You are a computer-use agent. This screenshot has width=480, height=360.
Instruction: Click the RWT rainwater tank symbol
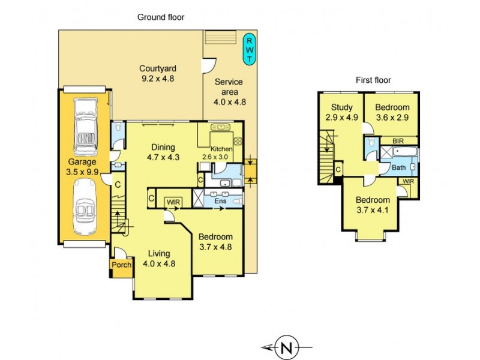(248, 49)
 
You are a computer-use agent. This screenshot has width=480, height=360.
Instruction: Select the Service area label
(226, 92)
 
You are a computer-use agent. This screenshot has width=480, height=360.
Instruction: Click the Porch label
(121, 265)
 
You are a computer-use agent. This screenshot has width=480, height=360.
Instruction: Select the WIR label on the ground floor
(173, 202)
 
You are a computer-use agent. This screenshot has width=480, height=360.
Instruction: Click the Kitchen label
(220, 150)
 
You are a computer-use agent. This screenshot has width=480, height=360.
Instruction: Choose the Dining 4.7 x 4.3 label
(163, 152)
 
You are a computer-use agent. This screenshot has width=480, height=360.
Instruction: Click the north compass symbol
(287, 347)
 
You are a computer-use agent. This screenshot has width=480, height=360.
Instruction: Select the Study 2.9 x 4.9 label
(341, 112)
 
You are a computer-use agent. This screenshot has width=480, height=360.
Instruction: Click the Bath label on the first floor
(398, 167)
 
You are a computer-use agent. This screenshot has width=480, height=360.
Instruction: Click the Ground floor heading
(160, 17)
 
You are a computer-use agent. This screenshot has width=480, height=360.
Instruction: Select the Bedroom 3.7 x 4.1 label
(373, 205)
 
